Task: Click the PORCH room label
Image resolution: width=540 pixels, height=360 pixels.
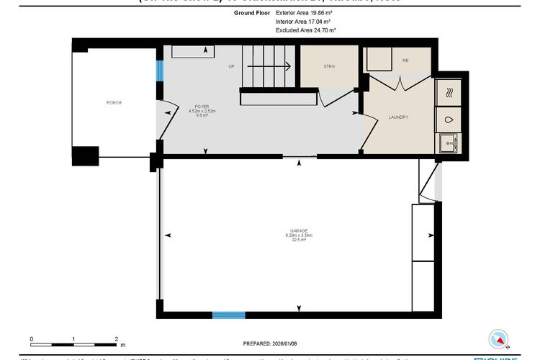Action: [114, 103]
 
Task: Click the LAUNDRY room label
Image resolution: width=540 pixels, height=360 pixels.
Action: [398, 117]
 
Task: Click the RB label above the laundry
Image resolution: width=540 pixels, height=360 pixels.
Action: [405, 62]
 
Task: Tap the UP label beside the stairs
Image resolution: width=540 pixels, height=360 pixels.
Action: [232, 67]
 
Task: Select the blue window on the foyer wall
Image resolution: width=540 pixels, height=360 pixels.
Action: [160, 71]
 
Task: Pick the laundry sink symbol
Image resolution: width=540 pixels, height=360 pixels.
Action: [450, 143]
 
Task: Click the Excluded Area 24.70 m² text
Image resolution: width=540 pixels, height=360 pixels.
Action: [306, 31]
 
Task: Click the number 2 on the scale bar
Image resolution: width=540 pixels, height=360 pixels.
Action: [116, 338]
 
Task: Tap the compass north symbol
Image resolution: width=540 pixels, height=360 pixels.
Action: [499, 338]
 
